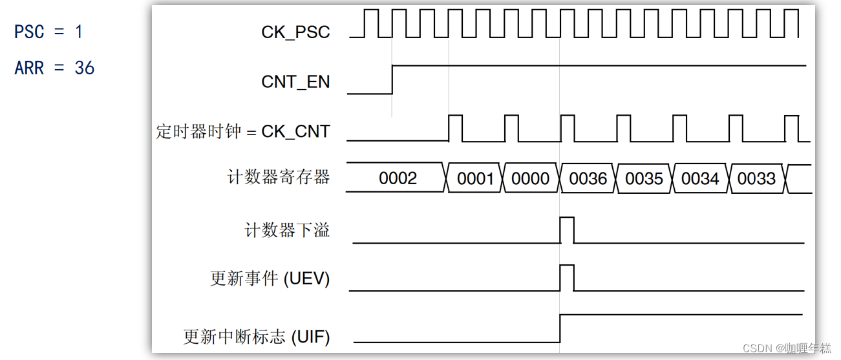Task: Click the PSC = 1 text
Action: pyautogui.click(x=48, y=31)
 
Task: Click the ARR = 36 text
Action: pyautogui.click(x=54, y=68)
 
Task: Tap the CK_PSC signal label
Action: pyautogui.click(x=295, y=32)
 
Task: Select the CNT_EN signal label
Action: pyautogui.click(x=295, y=82)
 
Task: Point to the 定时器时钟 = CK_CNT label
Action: pyautogui.click(x=243, y=131)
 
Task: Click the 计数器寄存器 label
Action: pyautogui.click(x=279, y=177)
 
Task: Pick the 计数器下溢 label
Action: pyautogui.click(x=287, y=230)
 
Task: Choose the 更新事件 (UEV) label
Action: pyautogui.click(x=270, y=279)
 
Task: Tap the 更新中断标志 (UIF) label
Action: pyautogui.click(x=257, y=336)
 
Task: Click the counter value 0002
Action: pyautogui.click(x=398, y=178)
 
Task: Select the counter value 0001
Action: pyautogui.click(x=475, y=178)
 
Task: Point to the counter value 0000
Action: pyautogui.click(x=530, y=178)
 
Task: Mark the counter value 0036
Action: pyautogui.click(x=588, y=178)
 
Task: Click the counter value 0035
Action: pyautogui.click(x=644, y=178)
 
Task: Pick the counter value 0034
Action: pyautogui.click(x=700, y=178)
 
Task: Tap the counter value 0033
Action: pyautogui.click(x=756, y=178)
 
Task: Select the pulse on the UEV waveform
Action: pyautogui.click(x=567, y=277)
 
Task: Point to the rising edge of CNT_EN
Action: pyautogui.click(x=392, y=79)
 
